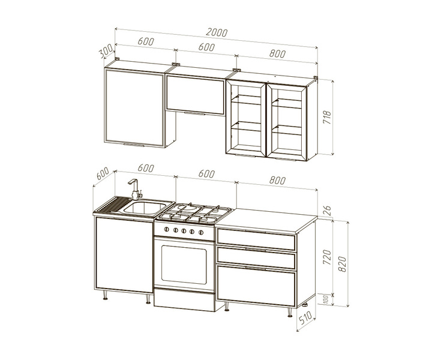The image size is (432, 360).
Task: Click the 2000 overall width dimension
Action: click(x=217, y=32)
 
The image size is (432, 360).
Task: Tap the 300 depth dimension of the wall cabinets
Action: click(x=106, y=51)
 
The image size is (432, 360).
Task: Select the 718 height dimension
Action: click(x=327, y=117)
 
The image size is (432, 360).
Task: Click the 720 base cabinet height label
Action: click(x=327, y=257)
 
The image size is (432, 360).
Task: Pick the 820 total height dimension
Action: click(x=342, y=264)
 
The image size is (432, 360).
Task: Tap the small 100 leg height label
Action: click(x=326, y=299)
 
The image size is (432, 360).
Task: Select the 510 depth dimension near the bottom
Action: click(x=305, y=317)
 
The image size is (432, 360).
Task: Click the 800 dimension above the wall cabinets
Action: click(x=277, y=54)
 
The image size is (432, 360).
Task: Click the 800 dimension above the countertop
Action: click(x=277, y=181)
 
